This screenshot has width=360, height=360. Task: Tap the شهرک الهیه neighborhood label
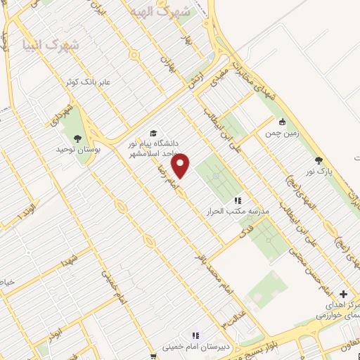pos(165,12)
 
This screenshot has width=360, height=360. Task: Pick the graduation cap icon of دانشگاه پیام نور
pos(153,133)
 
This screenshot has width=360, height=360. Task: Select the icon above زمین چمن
pos(283,120)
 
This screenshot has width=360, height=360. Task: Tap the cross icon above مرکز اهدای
pos(343,294)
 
